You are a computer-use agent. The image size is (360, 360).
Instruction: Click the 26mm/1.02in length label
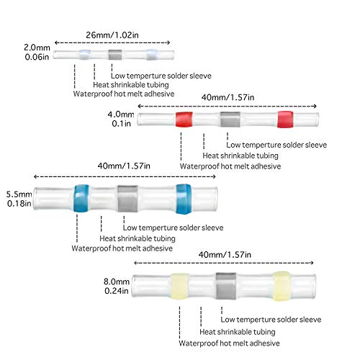point(112,35)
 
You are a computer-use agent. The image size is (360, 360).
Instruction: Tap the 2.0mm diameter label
point(37,48)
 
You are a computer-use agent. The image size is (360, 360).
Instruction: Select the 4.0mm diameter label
point(121,114)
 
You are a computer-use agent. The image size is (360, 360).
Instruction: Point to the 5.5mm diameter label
point(19,194)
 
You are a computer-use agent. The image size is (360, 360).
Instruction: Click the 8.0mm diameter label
point(117,282)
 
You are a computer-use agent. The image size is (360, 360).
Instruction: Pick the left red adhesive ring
point(184,120)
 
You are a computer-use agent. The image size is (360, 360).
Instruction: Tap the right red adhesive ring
point(285,120)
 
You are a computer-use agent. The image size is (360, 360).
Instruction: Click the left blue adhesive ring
point(81,198)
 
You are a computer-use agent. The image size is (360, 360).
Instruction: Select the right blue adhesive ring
point(184,199)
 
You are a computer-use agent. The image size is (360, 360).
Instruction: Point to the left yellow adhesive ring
point(179,286)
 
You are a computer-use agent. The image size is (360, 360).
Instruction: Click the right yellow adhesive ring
point(282,286)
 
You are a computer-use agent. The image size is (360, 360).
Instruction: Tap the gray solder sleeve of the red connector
point(230,120)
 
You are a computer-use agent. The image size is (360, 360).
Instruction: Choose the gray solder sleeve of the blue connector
point(127,199)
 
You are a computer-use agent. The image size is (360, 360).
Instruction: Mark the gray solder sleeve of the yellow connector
point(225,286)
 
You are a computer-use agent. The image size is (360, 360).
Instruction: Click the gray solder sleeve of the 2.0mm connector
point(115,55)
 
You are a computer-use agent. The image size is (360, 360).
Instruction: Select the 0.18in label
point(19,204)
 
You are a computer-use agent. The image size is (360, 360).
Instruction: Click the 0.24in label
point(117,291)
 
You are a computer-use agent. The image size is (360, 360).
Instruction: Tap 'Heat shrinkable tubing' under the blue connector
point(138,238)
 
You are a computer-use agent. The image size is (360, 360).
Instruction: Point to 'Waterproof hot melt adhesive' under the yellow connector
point(229,343)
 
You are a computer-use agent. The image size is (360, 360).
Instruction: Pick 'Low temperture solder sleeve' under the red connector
point(276,145)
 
